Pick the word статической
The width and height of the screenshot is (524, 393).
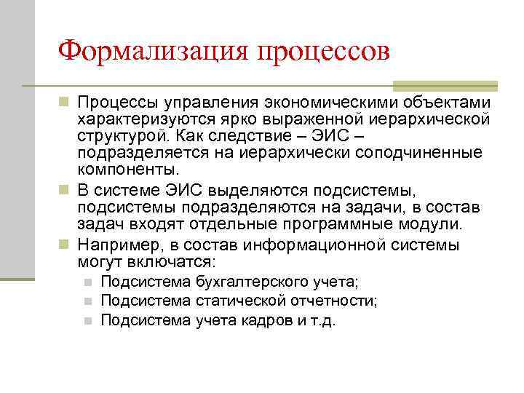[236, 301]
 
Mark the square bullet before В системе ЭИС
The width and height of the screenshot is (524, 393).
[65, 191]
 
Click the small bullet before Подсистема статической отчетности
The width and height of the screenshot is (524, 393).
[87, 301]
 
